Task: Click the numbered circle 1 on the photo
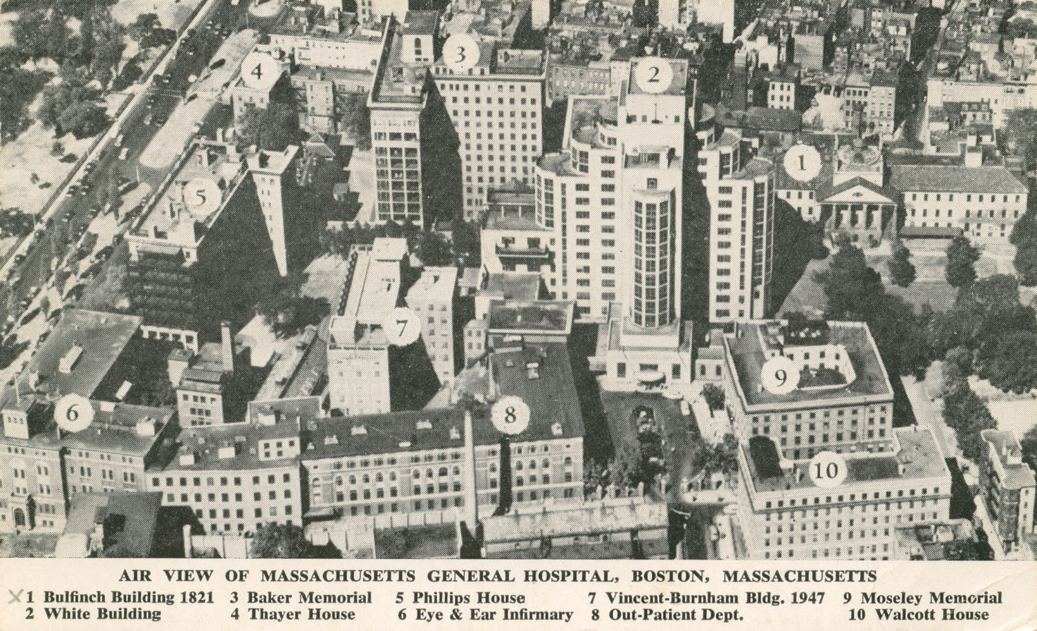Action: (x=802, y=163)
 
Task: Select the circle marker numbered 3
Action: (x=460, y=53)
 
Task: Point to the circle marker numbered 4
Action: (x=257, y=71)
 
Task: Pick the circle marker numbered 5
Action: (x=200, y=198)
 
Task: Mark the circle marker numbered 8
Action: (x=510, y=415)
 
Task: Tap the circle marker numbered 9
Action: (x=781, y=377)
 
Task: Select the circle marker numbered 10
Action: (x=827, y=472)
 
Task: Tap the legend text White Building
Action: (x=103, y=614)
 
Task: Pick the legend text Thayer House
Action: (x=302, y=614)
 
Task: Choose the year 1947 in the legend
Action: (x=807, y=598)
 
